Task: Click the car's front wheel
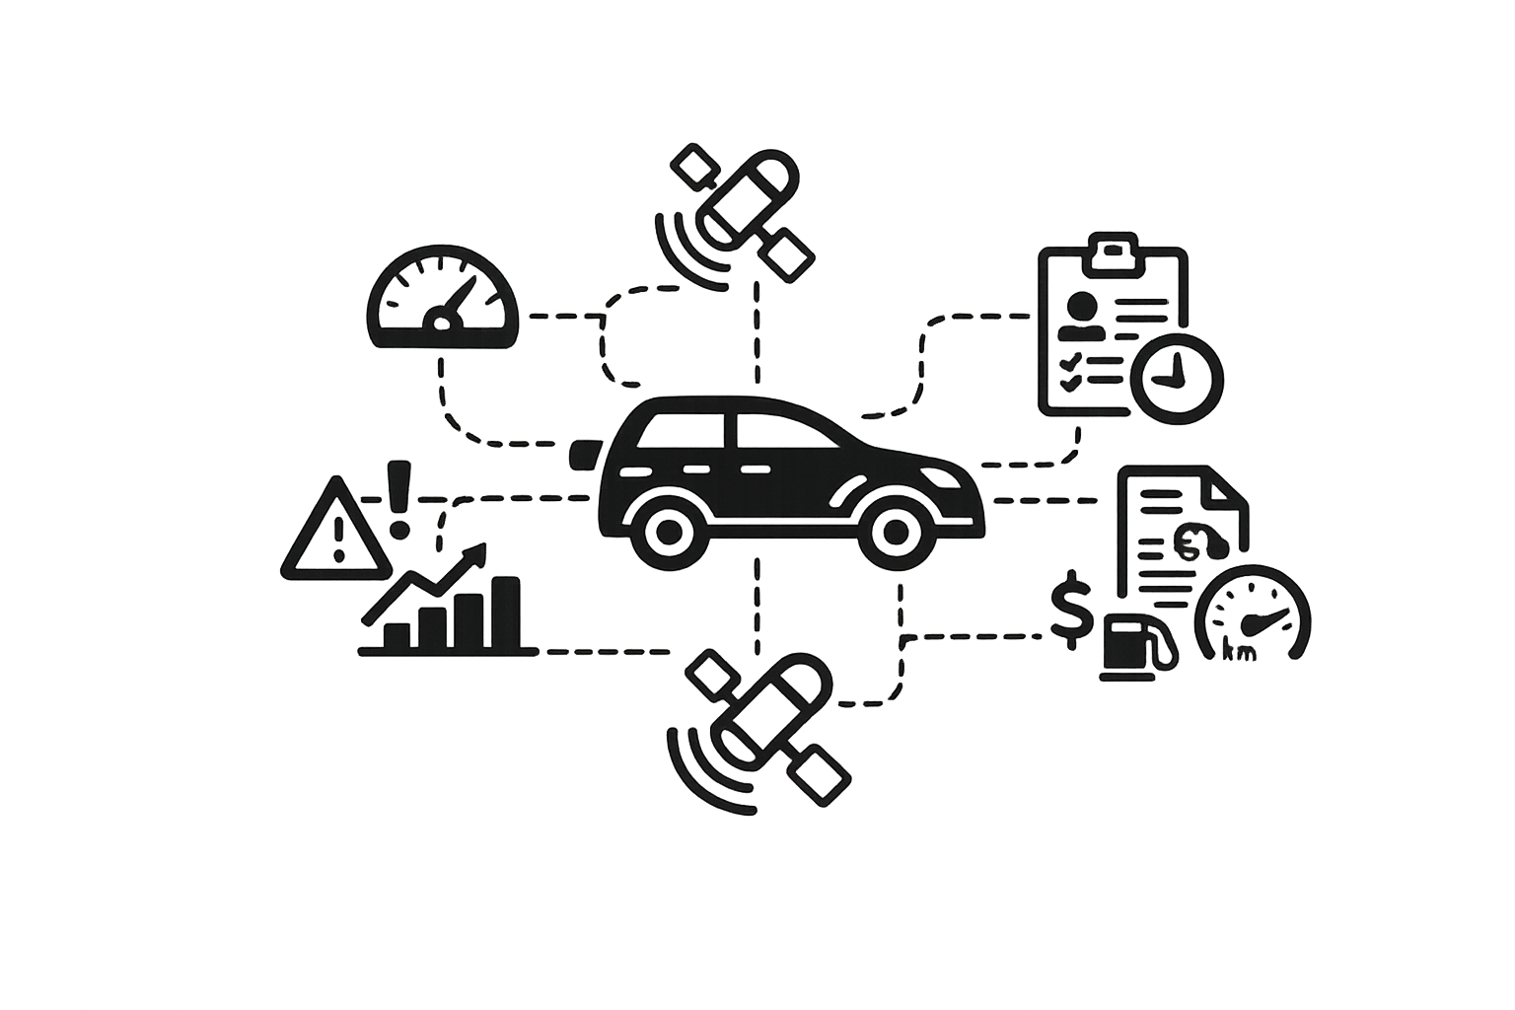pos(896,533)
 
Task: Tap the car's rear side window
pos(683,429)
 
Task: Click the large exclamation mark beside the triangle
pos(398,499)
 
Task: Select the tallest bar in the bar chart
pos(505,613)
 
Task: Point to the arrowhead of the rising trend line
pos(477,552)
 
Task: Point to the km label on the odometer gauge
pos(1239,650)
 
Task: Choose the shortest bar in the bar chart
pos(397,636)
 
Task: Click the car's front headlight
pos(941,477)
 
